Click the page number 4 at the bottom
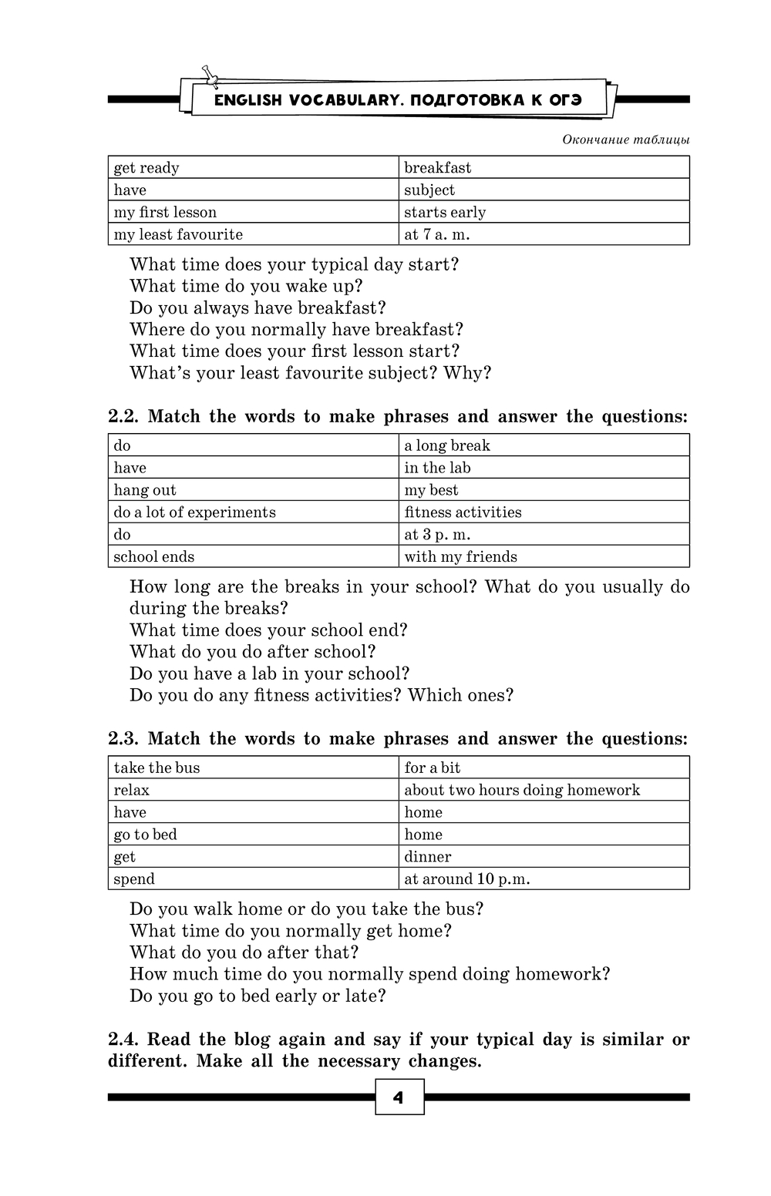coord(399,1097)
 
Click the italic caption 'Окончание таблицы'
coord(625,139)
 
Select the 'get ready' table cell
coord(253,168)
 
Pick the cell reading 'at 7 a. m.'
coord(544,234)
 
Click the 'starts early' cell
coord(544,212)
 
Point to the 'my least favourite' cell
coord(253,234)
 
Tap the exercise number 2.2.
coord(123,417)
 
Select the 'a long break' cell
coord(544,445)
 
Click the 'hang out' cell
coord(253,490)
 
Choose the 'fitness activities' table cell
coord(544,512)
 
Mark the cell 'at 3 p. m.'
coord(544,534)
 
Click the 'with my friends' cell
coord(544,556)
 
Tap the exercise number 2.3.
coord(123,739)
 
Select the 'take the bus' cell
coord(253,768)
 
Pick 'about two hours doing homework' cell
coord(544,790)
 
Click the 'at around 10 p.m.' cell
coord(544,879)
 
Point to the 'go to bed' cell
coord(253,834)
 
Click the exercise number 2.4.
coord(123,1040)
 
